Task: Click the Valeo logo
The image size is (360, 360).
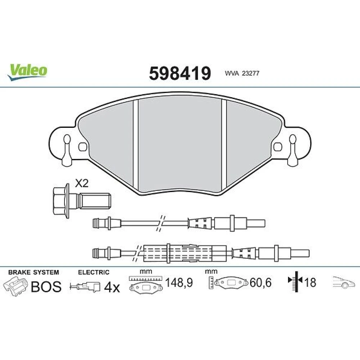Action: (27, 72)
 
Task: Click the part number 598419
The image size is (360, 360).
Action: (180, 73)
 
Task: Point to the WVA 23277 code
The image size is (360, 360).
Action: (242, 73)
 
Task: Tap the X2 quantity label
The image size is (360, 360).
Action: (82, 184)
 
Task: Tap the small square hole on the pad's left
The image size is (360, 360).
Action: (83, 147)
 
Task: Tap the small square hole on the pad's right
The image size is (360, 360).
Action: (278, 147)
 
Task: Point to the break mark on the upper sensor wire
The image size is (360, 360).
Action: (161, 223)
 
